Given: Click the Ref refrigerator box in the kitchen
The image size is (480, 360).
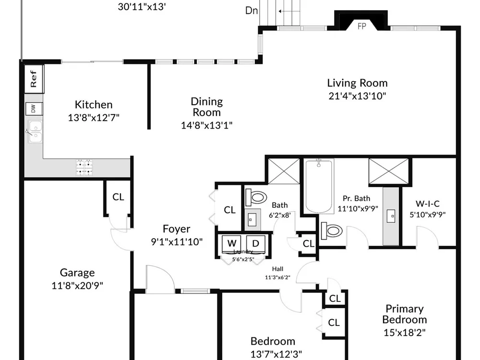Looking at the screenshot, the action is [34, 79].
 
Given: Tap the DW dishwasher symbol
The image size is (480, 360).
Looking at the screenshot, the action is [34, 108].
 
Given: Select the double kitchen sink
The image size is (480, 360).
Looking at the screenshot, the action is [35, 132].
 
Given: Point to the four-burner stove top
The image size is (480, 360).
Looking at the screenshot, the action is [84, 168].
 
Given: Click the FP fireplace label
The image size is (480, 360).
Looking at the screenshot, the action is [362, 26].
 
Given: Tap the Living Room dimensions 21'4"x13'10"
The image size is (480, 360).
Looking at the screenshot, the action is [357, 96].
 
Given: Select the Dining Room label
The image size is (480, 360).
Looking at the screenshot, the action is [206, 107].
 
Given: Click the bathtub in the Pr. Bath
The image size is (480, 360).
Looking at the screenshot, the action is [319, 186].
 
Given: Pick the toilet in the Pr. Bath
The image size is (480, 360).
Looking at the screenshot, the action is [332, 231].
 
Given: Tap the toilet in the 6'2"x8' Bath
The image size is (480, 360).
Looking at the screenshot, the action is [256, 197].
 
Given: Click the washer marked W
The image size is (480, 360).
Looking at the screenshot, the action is [232, 244].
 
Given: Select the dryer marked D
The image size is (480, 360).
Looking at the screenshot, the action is [256, 244].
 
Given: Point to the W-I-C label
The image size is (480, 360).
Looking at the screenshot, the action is [427, 204].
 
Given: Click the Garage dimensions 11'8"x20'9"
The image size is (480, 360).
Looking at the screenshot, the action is [77, 286].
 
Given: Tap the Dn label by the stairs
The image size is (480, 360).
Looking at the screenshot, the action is [252, 11].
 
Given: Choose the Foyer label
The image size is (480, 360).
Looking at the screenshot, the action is [176, 228].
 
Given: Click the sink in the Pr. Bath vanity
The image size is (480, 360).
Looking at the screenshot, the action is [391, 216].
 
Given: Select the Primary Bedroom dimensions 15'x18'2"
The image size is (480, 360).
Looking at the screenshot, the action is [404, 333].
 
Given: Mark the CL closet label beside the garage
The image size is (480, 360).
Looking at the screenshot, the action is [118, 197].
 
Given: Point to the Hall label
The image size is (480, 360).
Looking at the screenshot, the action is [277, 269].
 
